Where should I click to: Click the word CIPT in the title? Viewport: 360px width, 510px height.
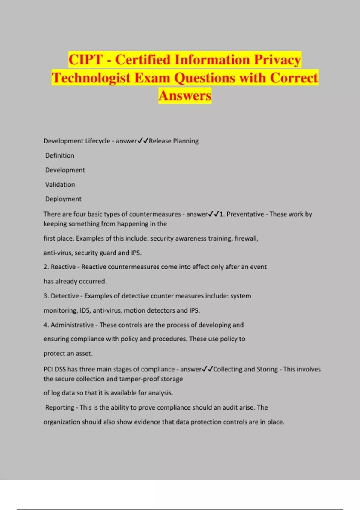click(x=85, y=60)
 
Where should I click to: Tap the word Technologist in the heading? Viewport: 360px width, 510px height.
click(x=91, y=78)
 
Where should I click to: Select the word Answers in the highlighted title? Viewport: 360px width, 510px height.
click(x=185, y=96)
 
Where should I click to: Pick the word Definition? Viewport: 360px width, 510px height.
click(x=60, y=155)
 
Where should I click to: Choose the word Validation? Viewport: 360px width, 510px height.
click(x=60, y=184)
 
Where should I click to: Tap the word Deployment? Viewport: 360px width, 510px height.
click(x=63, y=199)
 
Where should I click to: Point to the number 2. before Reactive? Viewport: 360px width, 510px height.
click(x=46, y=267)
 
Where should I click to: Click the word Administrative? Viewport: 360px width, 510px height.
click(x=72, y=325)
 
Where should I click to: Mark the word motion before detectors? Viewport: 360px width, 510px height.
click(x=134, y=310)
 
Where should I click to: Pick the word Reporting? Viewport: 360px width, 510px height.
click(x=60, y=407)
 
